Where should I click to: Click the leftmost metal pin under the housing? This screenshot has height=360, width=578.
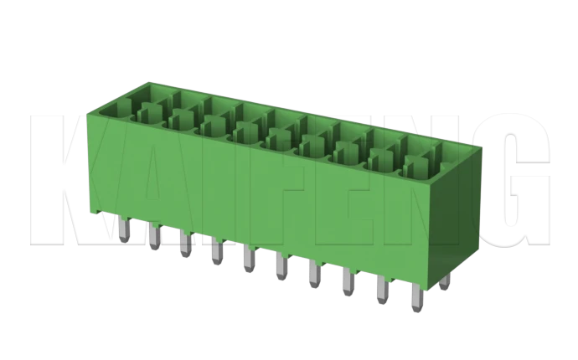click(122, 231)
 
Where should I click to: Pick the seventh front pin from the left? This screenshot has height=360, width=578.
click(315, 275)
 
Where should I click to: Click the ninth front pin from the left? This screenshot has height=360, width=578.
click(383, 291)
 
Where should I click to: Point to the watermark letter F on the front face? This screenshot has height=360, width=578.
click(276, 201)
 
